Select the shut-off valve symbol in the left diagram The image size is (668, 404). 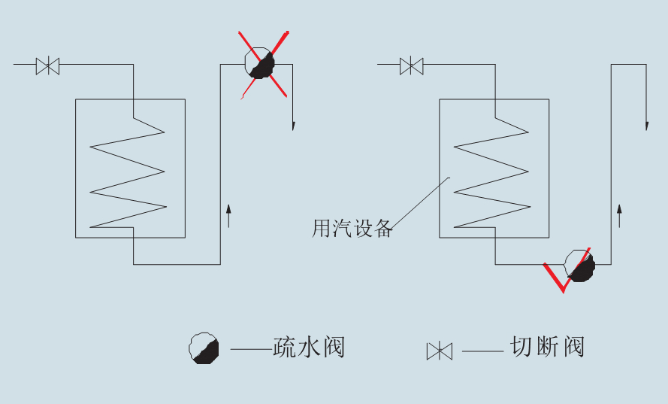tap(48, 65)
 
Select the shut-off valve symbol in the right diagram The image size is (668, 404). tap(411, 65)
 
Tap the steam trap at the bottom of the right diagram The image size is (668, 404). tap(580, 266)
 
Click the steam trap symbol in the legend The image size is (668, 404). tap(204, 348)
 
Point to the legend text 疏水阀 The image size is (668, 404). tap(309, 348)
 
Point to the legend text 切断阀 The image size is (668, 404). tap(547, 347)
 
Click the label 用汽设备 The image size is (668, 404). tap(352, 229)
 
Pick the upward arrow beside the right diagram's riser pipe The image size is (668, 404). tap(619, 214)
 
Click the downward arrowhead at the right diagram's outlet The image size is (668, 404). tap(646, 124)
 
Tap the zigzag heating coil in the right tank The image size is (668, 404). tap(491, 178)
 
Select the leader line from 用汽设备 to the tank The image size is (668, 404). tap(421, 202)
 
